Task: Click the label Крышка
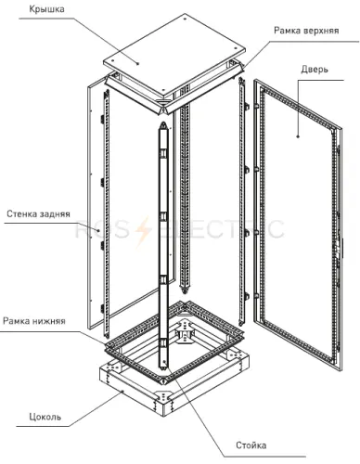tap(46, 9)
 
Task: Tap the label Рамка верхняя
tap(306, 31)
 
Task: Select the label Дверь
tap(315, 70)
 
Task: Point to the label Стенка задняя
tap(38, 214)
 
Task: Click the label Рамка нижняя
tap(34, 321)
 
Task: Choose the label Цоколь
tap(45, 417)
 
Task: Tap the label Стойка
tap(251, 445)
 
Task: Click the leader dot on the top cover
tap(138, 64)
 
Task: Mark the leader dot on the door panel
tap(298, 136)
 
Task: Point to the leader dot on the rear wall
tap(98, 230)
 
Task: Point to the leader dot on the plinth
tap(122, 392)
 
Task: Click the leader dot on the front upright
tap(164, 361)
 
